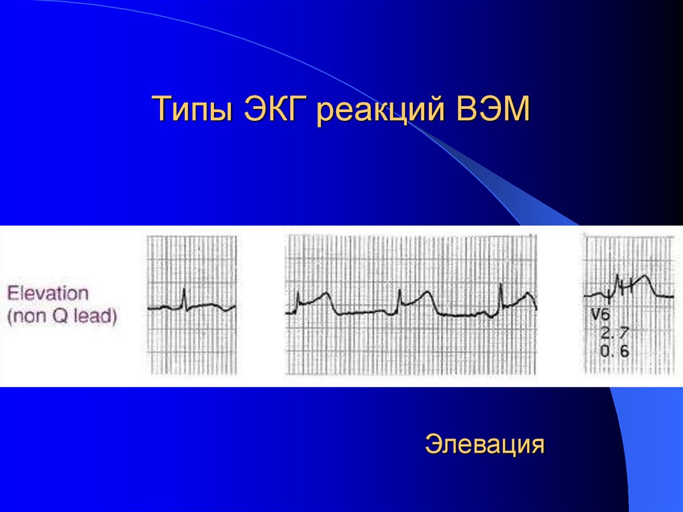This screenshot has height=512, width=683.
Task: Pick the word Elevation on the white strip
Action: coord(47,293)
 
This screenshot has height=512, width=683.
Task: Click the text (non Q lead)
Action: coord(63,316)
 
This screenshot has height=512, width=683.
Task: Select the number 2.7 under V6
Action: coord(614,332)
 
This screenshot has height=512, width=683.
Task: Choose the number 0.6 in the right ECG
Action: coord(614,351)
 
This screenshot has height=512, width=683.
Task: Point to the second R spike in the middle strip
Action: coord(399,294)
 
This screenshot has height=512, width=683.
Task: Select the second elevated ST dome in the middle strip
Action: coord(425,294)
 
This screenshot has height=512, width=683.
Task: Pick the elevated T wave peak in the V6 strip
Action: coord(644,276)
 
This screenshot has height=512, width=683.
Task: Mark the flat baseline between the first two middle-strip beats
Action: coord(364,312)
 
